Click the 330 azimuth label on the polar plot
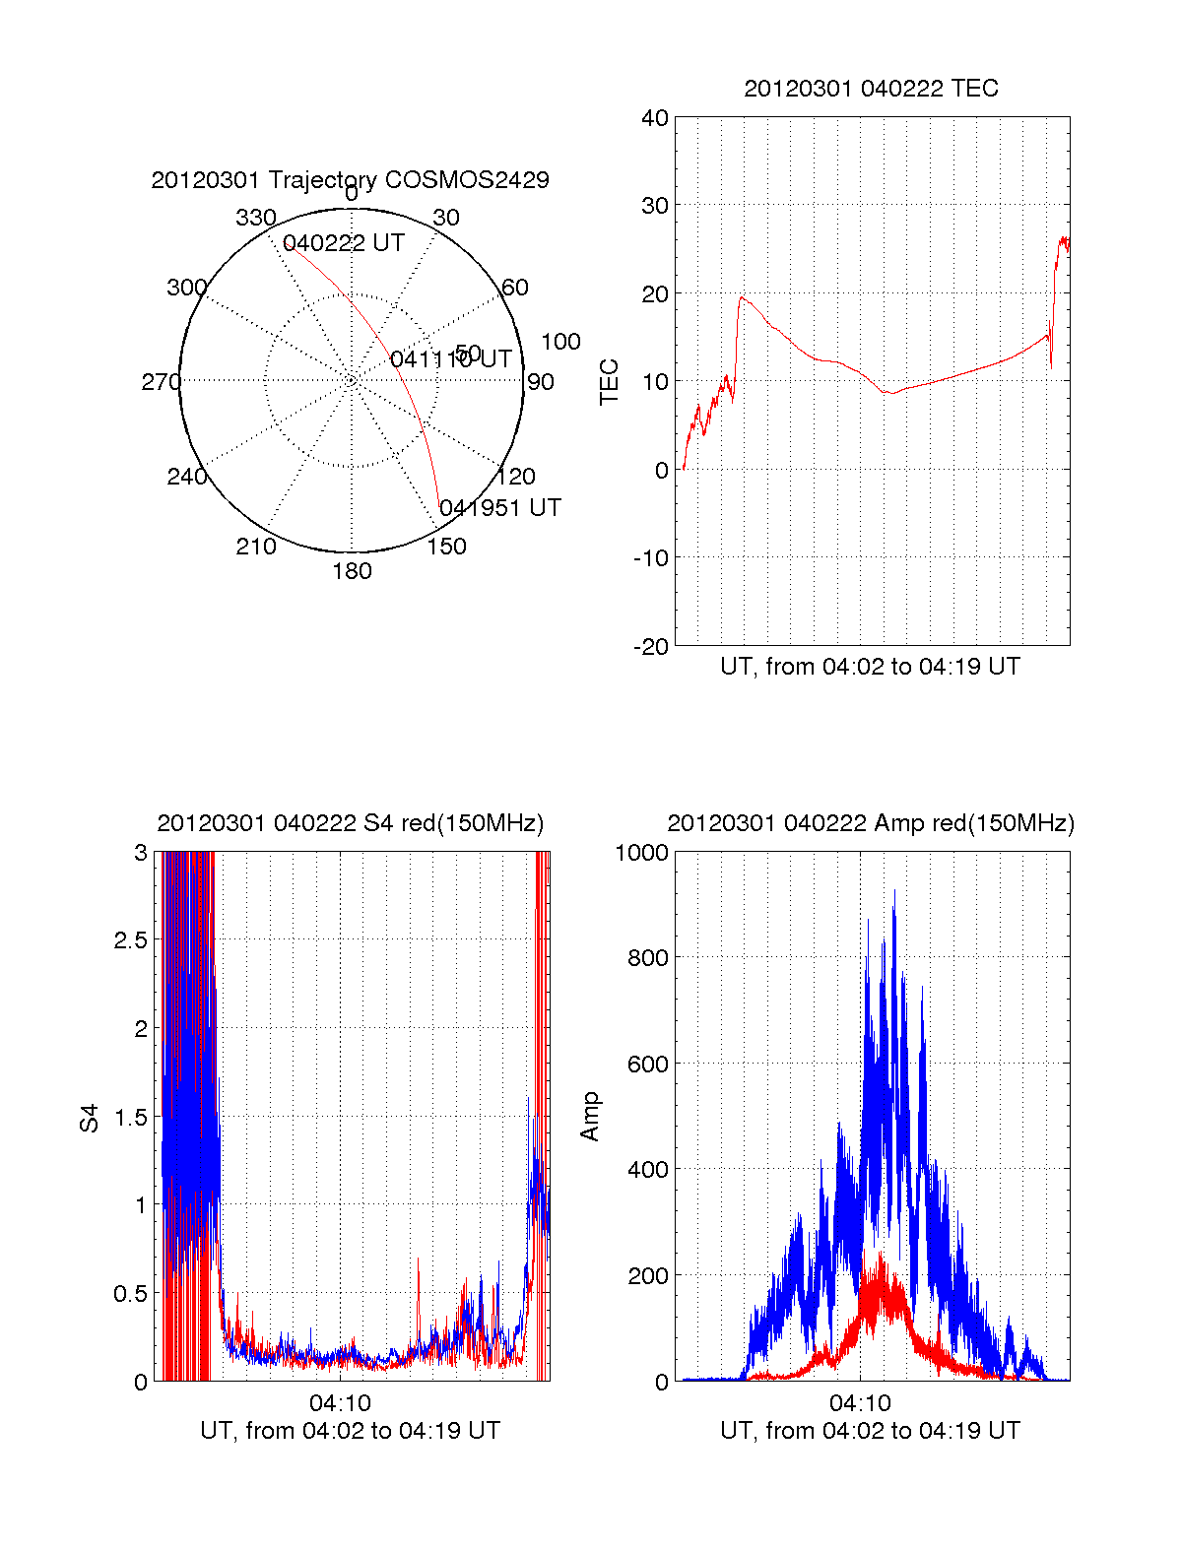tap(255, 218)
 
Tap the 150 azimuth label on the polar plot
tap(446, 547)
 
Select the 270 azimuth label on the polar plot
tap(161, 382)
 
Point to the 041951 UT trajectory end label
tap(500, 508)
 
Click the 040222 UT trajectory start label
tap(344, 243)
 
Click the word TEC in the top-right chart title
tap(975, 89)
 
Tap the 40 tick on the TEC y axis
tap(655, 118)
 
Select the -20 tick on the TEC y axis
tap(650, 646)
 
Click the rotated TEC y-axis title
tap(610, 382)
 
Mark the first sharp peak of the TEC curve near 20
tap(742, 297)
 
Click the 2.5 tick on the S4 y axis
tap(130, 940)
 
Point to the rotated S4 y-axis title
tap(90, 1118)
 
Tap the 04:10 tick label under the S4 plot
tap(340, 1402)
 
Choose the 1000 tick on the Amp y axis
tap(642, 853)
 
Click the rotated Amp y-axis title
tap(590, 1117)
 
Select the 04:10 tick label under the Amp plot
tap(860, 1402)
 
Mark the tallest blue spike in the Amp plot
tap(893, 892)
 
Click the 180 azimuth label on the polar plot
tap(352, 571)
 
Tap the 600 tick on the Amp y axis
tap(648, 1065)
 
